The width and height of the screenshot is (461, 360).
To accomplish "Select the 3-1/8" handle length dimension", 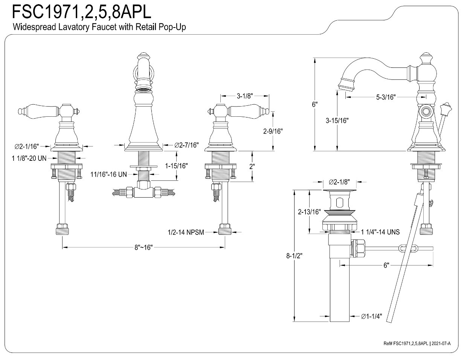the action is [x=245, y=96].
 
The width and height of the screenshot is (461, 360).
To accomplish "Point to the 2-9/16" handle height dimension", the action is [x=273, y=131].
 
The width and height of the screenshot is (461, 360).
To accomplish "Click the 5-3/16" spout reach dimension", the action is [x=386, y=97].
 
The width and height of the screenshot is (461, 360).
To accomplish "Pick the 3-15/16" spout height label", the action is [x=337, y=121].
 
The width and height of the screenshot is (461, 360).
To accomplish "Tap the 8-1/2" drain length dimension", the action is [x=294, y=256].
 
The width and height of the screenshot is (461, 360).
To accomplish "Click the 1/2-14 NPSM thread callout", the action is [x=186, y=232].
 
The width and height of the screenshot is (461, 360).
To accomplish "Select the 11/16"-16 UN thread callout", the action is [x=108, y=174].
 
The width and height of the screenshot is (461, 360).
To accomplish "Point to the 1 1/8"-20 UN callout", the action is [x=29, y=158].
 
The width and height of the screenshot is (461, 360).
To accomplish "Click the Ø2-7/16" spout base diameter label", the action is [x=186, y=145].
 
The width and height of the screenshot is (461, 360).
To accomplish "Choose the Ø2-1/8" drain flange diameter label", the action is [x=339, y=182].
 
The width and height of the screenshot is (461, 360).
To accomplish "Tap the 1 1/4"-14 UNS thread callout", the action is [x=380, y=232].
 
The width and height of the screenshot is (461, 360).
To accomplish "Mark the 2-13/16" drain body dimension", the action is [x=309, y=212].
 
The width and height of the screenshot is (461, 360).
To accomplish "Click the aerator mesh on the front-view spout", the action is [x=143, y=90].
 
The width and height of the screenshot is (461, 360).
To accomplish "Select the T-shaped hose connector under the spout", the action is [x=143, y=189].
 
